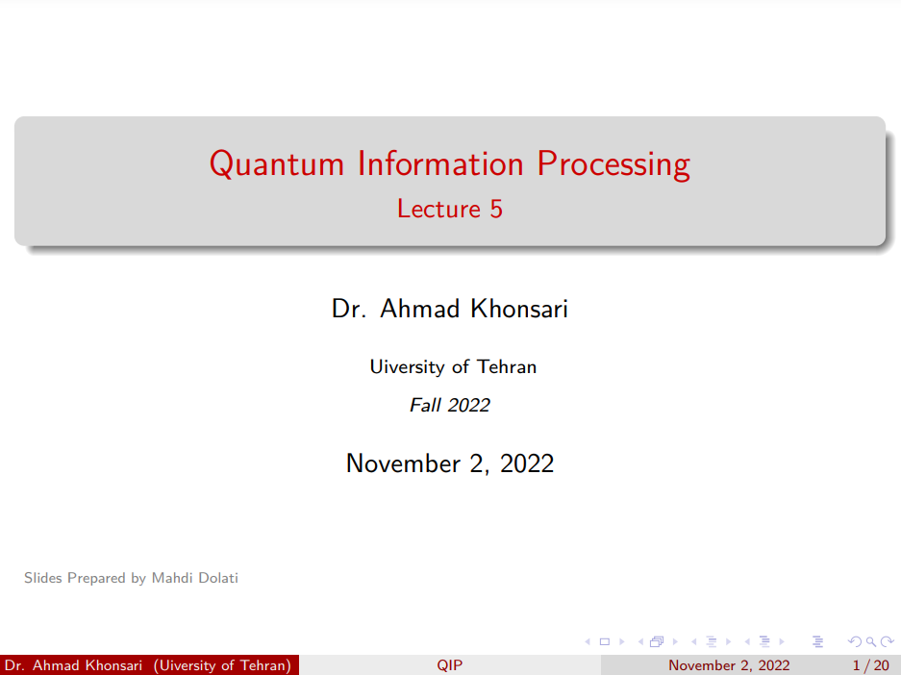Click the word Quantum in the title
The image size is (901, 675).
click(x=276, y=163)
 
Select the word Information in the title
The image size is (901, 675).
click(x=440, y=163)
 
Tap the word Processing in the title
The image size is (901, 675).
click(x=613, y=165)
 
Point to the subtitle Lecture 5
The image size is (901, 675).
click(x=450, y=209)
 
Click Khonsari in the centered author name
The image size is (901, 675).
click(x=519, y=309)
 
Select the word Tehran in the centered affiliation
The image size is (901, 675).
click(x=507, y=366)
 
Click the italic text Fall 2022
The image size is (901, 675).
click(x=450, y=405)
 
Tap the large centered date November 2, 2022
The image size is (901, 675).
click(x=450, y=463)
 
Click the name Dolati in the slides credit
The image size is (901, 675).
click(x=218, y=578)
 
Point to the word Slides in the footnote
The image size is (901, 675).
click(x=43, y=578)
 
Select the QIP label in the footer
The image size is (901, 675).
click(x=449, y=665)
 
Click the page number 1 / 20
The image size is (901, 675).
click(x=870, y=665)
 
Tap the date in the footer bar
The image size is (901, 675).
click(x=729, y=665)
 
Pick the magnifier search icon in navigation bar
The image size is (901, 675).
click(x=871, y=641)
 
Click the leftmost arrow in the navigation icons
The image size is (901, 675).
click(x=588, y=641)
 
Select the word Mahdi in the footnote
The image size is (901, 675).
click(x=169, y=578)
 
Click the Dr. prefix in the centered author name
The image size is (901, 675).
click(x=349, y=309)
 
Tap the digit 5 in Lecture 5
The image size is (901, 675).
click(x=496, y=209)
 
